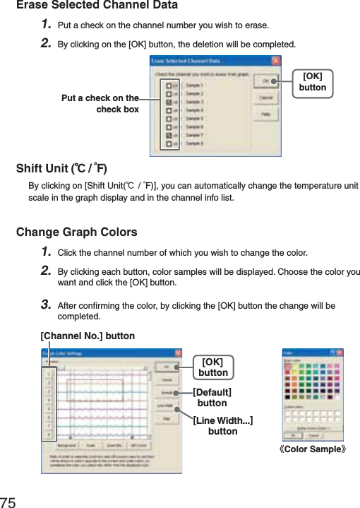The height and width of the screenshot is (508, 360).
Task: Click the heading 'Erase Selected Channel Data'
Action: (x=97, y=6)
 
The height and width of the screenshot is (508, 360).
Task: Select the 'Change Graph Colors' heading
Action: (x=76, y=232)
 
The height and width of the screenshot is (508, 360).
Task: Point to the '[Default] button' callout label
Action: (x=212, y=397)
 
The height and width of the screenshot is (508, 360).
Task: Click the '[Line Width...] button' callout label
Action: (x=223, y=425)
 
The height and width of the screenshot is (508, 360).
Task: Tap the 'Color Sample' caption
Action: (x=314, y=449)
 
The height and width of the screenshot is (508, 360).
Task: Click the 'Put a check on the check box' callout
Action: (x=100, y=104)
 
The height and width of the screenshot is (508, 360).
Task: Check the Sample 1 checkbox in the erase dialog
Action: (x=169, y=85)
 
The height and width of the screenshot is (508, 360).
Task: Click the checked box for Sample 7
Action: (x=169, y=134)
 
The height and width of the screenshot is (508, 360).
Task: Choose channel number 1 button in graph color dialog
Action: (x=48, y=372)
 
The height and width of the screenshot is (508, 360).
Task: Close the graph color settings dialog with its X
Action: (x=177, y=353)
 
